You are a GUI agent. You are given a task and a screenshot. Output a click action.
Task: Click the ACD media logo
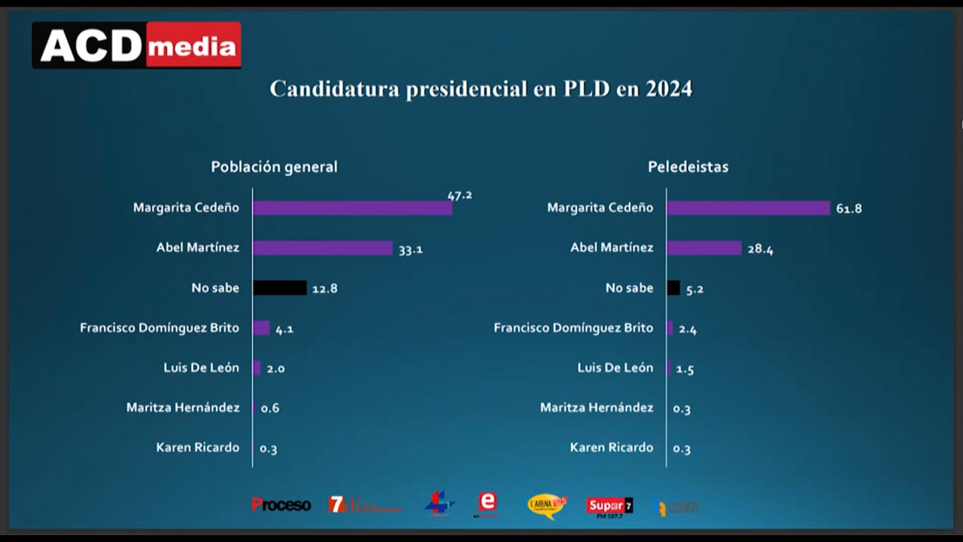137,45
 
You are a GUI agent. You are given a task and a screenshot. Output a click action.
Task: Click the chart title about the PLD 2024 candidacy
481,89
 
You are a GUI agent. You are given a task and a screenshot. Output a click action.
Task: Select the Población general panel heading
274,167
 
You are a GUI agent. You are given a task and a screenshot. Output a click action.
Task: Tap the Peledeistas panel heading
688,167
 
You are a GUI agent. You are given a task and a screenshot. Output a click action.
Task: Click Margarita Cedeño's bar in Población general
352,208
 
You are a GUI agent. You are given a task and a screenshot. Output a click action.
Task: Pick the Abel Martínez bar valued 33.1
322,248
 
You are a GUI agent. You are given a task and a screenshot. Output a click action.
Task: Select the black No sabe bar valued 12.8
280,288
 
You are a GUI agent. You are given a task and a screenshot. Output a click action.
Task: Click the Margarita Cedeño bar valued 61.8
748,208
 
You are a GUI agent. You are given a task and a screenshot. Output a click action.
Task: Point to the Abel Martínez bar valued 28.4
704,248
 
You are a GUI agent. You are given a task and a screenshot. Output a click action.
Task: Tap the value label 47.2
460,195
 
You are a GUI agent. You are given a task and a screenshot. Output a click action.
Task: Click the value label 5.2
694,289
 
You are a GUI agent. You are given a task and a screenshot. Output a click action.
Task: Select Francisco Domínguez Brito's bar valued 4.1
261,327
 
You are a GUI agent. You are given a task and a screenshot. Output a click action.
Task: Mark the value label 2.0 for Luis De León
275,369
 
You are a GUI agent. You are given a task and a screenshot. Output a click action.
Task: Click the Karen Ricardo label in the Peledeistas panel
611,447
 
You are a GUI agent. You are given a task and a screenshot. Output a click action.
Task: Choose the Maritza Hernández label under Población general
183,407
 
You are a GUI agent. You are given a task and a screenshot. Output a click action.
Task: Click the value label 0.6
270,409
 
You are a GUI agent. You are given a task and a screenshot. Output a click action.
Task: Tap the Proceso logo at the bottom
281,505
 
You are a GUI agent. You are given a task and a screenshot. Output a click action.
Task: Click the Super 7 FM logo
609,507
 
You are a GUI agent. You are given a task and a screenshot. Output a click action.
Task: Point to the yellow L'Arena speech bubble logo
546,505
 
